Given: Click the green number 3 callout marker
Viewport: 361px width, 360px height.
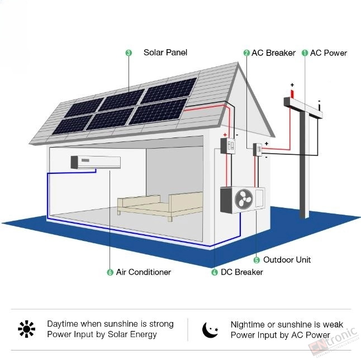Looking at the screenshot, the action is (x=129, y=53).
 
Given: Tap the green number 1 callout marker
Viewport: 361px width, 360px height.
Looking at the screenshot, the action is (x=305, y=53).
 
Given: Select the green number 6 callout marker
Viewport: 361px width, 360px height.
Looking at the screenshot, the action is (x=110, y=272).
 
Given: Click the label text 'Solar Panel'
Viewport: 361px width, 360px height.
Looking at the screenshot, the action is (x=165, y=53).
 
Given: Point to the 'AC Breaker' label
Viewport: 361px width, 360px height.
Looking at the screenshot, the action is (x=273, y=53).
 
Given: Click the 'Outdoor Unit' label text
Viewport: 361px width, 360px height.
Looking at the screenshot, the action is (x=287, y=260).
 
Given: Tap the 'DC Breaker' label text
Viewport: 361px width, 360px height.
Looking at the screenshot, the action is (x=242, y=272).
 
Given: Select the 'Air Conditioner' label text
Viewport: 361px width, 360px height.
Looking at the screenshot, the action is (x=144, y=272).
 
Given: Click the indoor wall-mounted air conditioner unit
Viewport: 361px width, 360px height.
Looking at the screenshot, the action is (x=96, y=162).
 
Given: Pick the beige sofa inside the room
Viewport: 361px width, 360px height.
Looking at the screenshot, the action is (x=160, y=206).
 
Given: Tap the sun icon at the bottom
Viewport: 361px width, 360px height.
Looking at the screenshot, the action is (x=26, y=329).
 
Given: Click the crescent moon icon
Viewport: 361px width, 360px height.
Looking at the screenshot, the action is (x=210, y=330).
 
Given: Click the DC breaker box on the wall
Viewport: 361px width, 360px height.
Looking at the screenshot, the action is (x=227, y=146).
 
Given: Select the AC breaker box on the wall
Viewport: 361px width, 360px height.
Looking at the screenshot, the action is (x=258, y=149).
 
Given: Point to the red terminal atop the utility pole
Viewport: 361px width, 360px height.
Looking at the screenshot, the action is (x=292, y=94).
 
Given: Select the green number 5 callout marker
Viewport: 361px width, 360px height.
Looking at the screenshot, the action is (x=256, y=260).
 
